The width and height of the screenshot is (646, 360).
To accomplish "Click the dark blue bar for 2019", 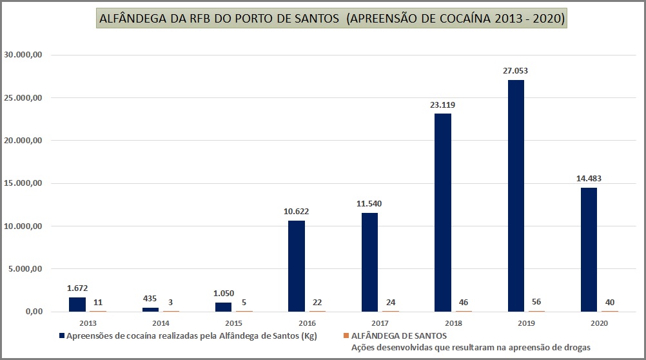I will coord(516,195).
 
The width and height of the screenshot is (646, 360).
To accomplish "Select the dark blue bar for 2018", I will coord(442,212).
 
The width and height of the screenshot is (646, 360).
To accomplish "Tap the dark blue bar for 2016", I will coord(297,266).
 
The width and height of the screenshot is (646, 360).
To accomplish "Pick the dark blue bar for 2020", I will coord(589,250).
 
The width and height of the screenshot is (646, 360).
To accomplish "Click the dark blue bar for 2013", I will coord(77,304).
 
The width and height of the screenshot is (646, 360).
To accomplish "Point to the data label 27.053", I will coord(516,71).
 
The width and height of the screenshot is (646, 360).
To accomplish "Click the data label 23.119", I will coord(443,105).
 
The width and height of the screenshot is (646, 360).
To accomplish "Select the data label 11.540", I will coord(369,204).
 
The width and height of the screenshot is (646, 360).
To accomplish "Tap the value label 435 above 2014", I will coord(150,299).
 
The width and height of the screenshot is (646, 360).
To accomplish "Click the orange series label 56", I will coord(536,302).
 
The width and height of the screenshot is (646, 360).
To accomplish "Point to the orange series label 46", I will coord(464,302).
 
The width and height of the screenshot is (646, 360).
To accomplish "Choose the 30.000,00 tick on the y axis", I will coord(23,55).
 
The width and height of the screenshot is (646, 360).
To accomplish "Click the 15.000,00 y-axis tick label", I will coord(23,183).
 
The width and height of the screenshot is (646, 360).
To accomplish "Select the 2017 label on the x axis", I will coord(380,323).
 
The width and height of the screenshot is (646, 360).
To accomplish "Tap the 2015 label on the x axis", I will coord(233,323).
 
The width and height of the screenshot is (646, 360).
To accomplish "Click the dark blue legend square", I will coord(62,336).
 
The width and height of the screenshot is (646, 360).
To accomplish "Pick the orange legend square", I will coord(346,336).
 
